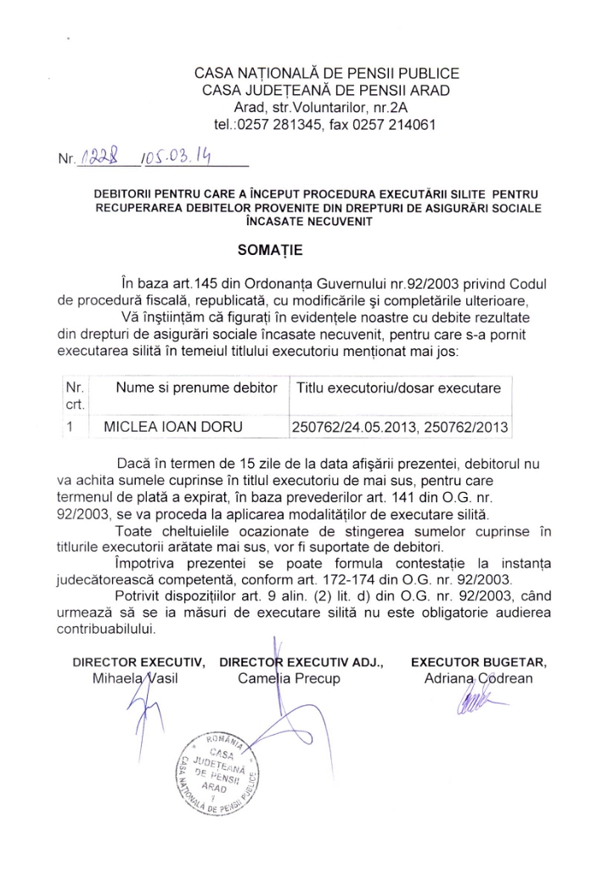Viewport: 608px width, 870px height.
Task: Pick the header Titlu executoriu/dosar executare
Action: coord(399,387)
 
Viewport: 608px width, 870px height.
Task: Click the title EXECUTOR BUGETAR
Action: coord(479,661)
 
